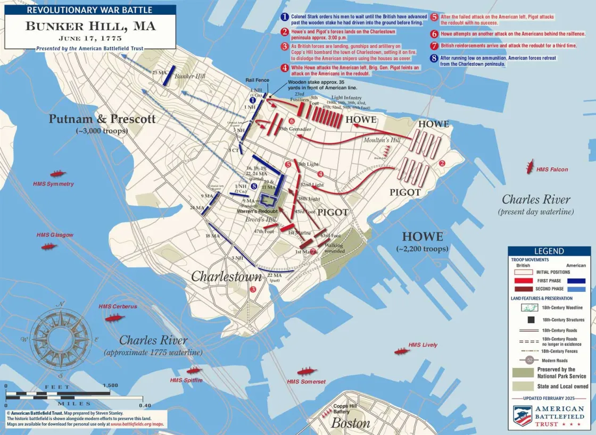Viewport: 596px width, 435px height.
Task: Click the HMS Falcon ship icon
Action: [x=529, y=166]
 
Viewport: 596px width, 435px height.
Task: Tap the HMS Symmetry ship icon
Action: [x=57, y=174]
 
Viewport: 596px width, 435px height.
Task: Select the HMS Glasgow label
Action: [x=55, y=235]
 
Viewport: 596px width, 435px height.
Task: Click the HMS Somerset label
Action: [x=306, y=382]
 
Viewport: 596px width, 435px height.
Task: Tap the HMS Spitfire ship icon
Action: [x=194, y=370]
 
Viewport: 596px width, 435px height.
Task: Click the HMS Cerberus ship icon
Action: [x=114, y=318]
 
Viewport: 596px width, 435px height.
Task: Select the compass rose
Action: [x=60, y=333]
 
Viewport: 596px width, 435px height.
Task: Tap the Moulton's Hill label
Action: [x=382, y=140]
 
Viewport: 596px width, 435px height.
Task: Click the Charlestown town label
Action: [x=227, y=277]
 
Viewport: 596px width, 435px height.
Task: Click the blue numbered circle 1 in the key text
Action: [x=285, y=17]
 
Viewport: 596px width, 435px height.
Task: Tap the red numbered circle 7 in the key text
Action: [x=435, y=46]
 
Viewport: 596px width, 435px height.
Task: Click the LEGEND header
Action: [x=549, y=251]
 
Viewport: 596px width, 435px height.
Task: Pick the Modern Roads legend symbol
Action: [x=530, y=360]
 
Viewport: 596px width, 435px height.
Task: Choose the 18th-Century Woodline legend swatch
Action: [x=530, y=307]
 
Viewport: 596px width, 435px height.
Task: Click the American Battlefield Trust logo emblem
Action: [x=523, y=415]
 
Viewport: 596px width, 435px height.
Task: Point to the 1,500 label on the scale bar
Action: [x=110, y=386]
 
